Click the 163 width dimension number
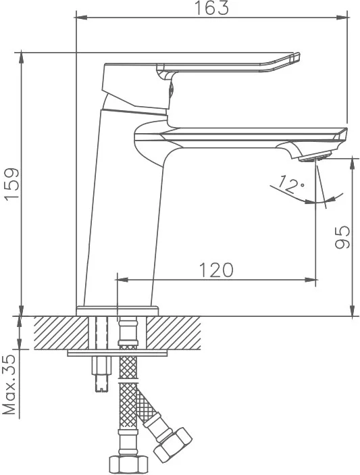(211, 8)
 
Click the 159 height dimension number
(12, 183)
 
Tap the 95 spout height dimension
(342, 236)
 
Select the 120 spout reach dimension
(216, 270)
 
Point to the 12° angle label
(290, 184)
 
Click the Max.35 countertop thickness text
(9, 385)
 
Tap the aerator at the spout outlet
(313, 158)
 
